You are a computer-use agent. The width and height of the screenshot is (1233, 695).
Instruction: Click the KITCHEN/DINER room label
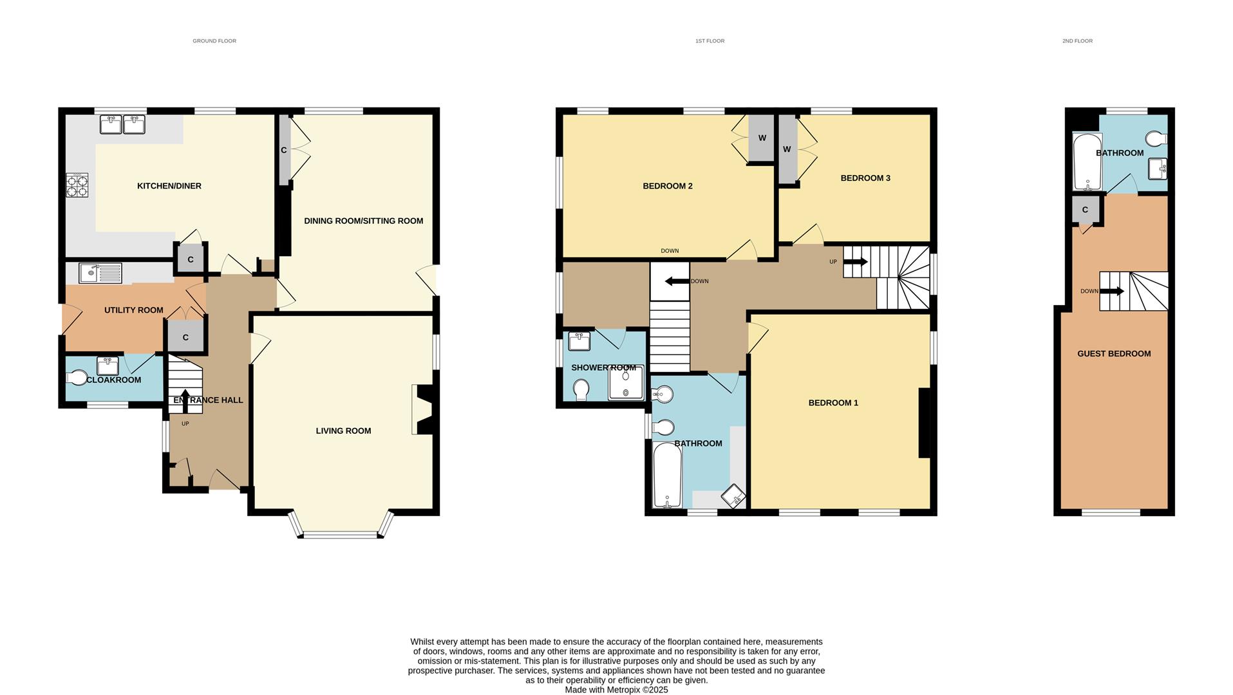(x=169, y=186)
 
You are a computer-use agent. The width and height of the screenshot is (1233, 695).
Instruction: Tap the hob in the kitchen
(x=77, y=185)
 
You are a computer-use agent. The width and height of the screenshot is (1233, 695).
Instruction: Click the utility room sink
(x=100, y=273)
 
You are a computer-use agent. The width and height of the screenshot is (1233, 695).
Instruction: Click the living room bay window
(x=340, y=533)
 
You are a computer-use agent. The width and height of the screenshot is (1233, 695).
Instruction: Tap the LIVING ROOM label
(x=343, y=431)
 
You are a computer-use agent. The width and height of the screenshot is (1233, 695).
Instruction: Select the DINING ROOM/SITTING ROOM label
(x=363, y=221)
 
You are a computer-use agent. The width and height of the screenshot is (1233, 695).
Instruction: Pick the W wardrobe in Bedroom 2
(x=762, y=138)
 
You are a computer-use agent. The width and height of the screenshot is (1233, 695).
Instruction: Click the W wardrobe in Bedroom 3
(x=787, y=149)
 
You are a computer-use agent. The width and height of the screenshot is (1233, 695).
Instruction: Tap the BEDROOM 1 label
(x=833, y=403)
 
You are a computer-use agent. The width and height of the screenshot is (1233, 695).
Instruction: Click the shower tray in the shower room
(x=625, y=383)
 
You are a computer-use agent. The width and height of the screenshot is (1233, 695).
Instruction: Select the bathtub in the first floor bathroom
(x=667, y=476)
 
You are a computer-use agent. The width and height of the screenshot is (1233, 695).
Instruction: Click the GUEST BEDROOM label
(x=1114, y=353)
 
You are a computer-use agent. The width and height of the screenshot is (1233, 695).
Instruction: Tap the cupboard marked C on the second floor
(x=1085, y=210)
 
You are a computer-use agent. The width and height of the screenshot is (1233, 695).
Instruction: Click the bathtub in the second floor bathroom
(x=1087, y=161)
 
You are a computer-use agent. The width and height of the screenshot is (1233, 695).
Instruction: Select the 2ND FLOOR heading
(x=1077, y=41)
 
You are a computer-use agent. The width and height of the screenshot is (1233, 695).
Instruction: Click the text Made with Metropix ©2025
(x=616, y=690)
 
